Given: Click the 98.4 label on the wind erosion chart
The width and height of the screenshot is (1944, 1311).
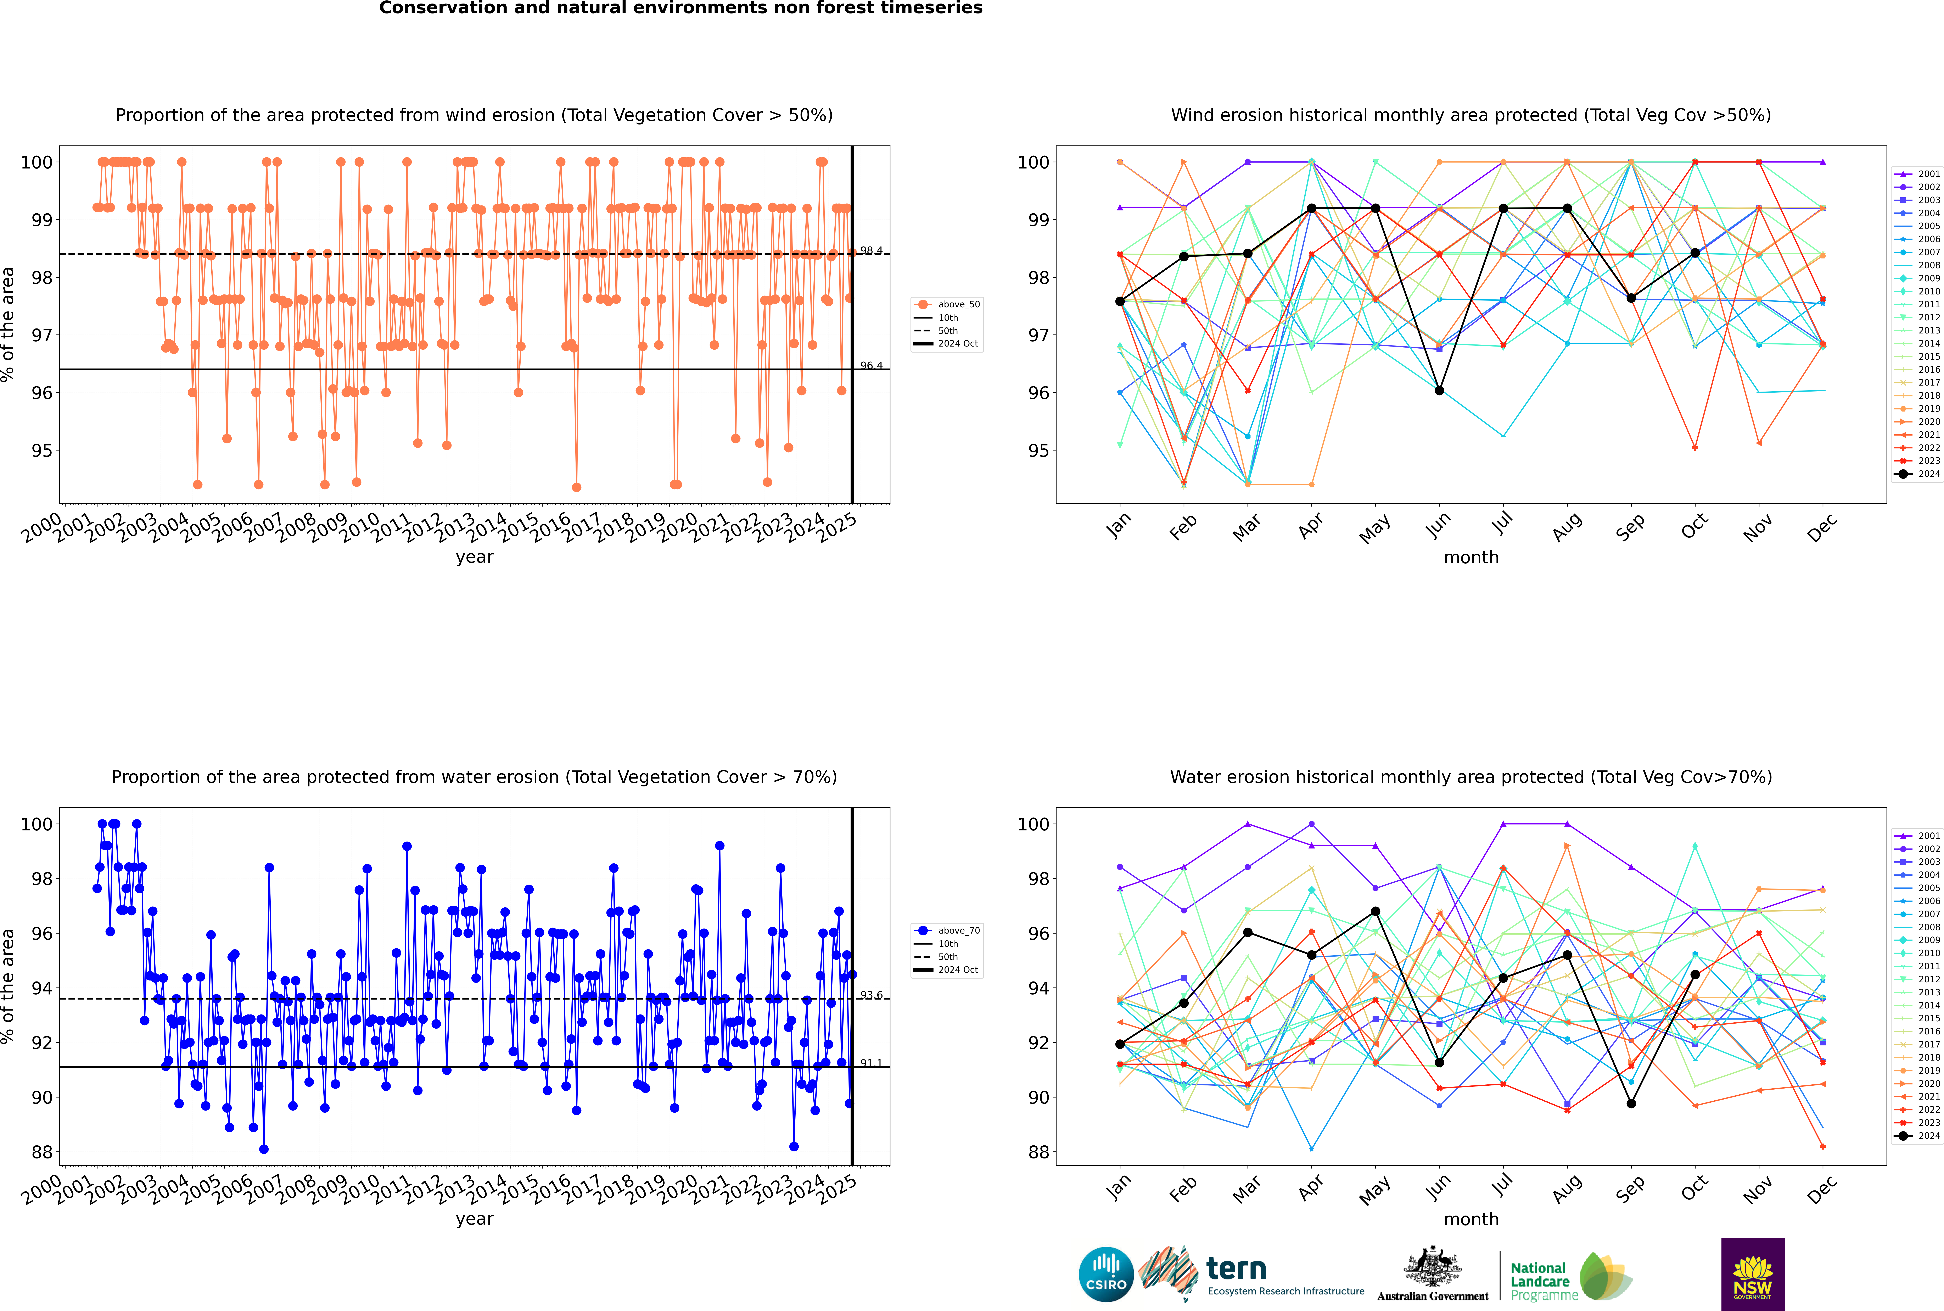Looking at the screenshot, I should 871,251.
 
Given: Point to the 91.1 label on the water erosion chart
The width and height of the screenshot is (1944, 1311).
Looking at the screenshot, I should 871,1063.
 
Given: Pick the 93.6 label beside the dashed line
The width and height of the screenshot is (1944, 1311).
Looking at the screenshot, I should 871,995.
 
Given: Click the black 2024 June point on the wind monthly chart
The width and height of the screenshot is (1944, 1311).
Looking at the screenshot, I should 1439,391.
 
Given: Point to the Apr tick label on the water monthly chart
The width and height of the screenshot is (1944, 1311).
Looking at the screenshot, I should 1311,1189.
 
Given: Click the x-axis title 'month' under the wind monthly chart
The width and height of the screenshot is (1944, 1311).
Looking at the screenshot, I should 1471,558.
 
